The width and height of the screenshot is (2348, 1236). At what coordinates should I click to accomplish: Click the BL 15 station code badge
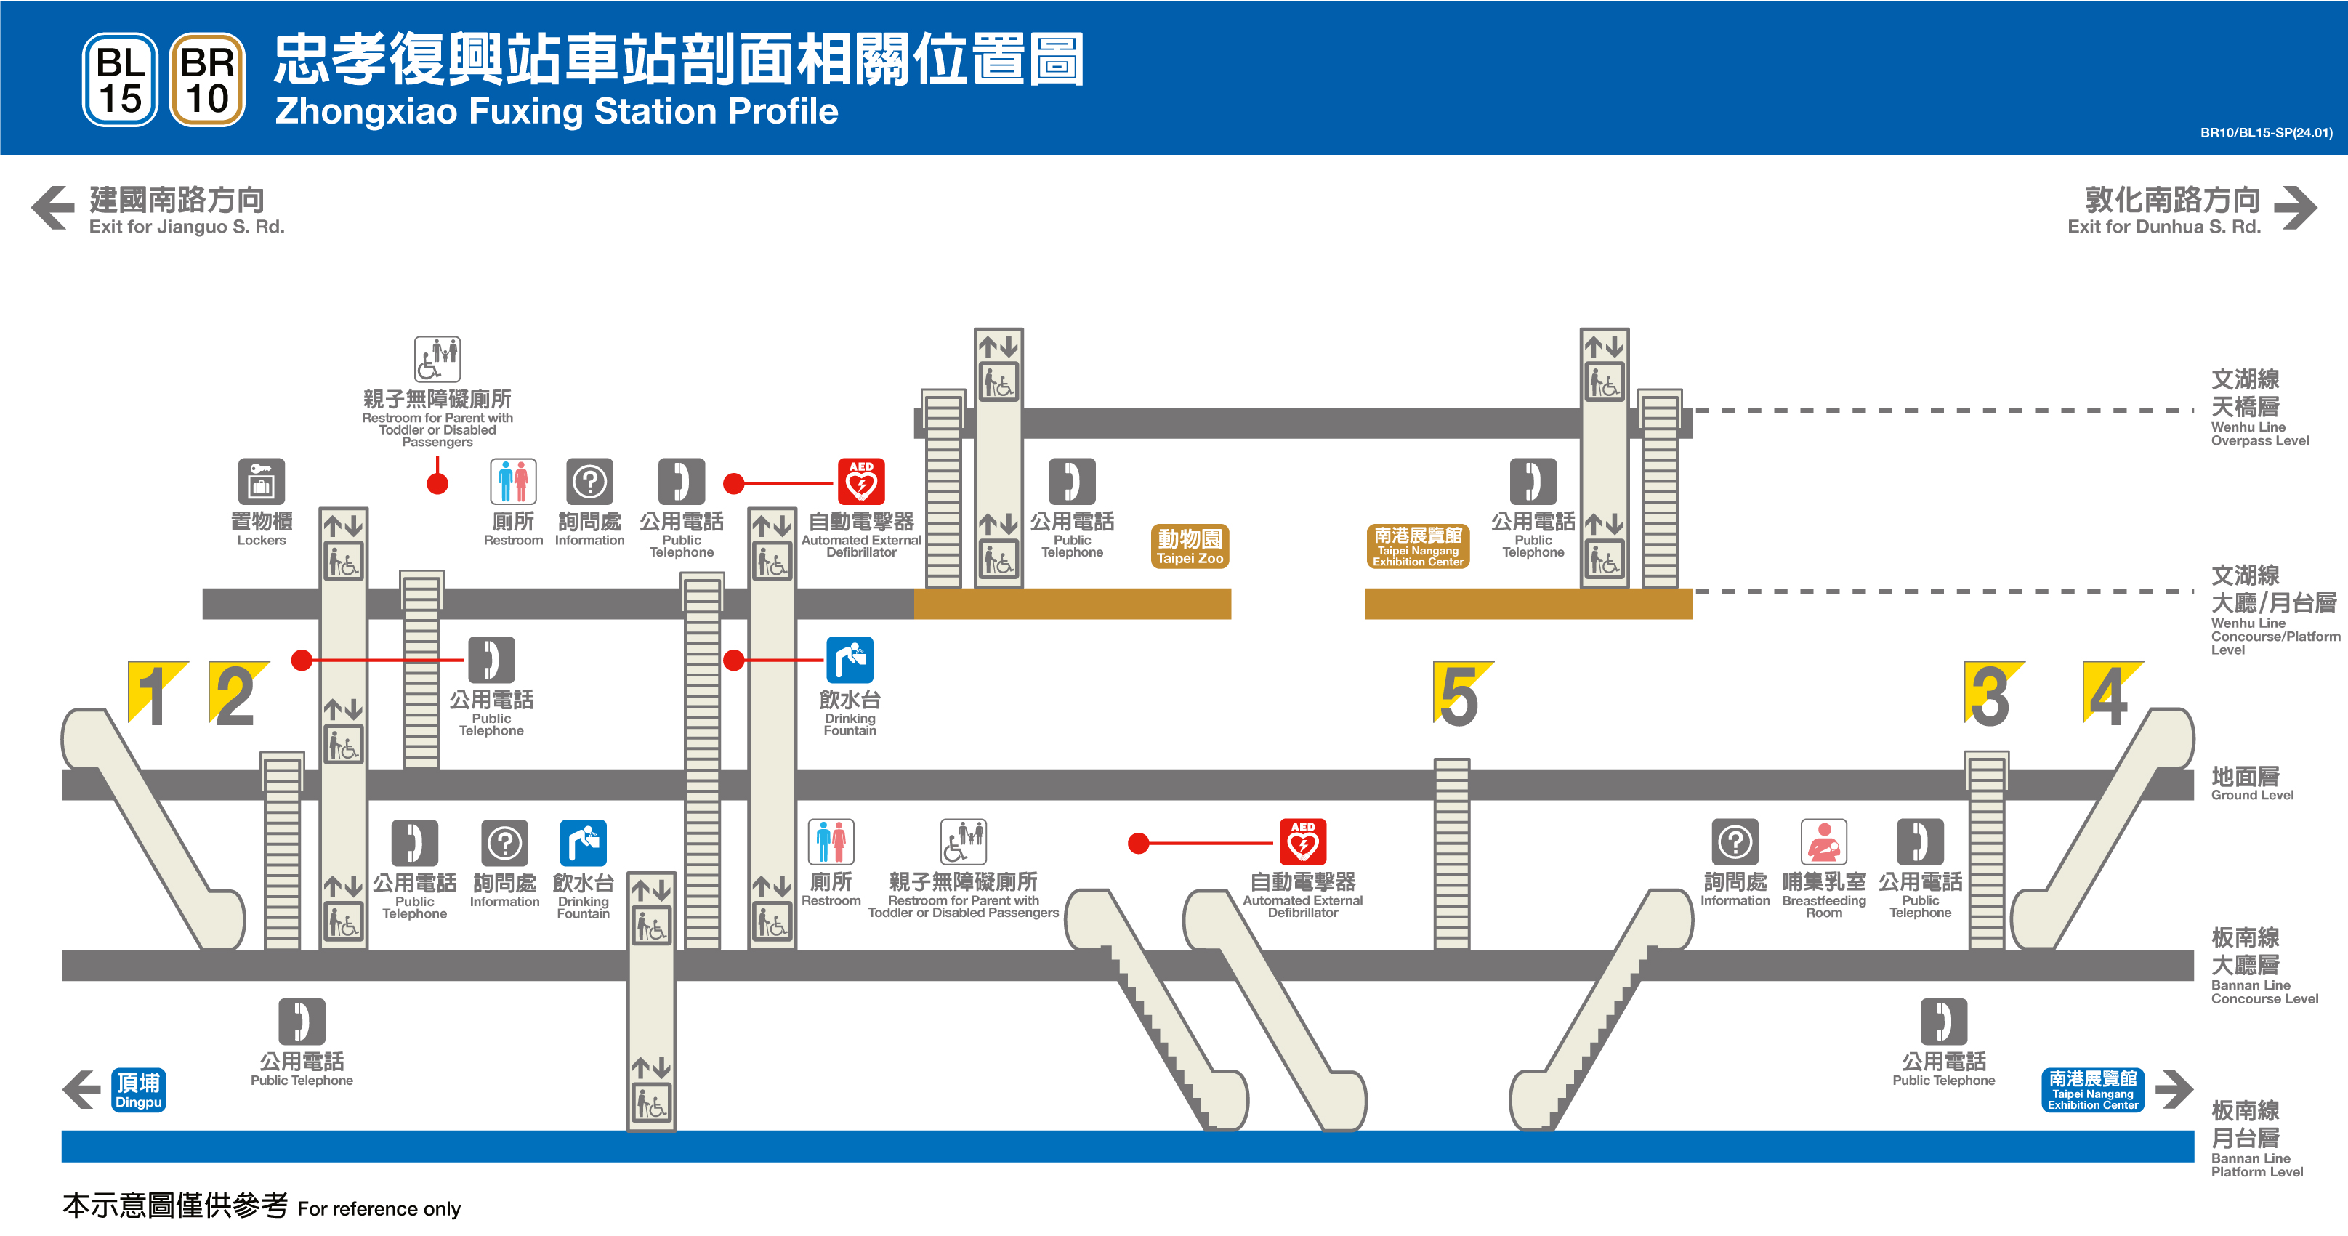[121, 80]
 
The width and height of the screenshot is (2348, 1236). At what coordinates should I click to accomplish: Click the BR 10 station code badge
[207, 80]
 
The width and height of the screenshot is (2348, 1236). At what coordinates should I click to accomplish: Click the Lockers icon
[262, 481]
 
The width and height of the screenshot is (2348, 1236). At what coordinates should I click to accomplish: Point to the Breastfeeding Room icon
[1823, 842]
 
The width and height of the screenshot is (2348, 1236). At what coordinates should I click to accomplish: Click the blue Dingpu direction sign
[139, 1090]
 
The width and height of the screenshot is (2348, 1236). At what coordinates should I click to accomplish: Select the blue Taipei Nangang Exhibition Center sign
[2092, 1090]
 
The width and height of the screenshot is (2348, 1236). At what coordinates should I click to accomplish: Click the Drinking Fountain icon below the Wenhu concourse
[850, 660]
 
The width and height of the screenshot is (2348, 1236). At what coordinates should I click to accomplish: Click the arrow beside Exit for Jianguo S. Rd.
[53, 208]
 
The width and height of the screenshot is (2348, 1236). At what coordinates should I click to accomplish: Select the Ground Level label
[2251, 784]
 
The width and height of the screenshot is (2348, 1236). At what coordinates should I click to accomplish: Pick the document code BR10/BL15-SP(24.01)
[2266, 133]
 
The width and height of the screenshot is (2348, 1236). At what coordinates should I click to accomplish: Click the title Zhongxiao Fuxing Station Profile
[556, 111]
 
